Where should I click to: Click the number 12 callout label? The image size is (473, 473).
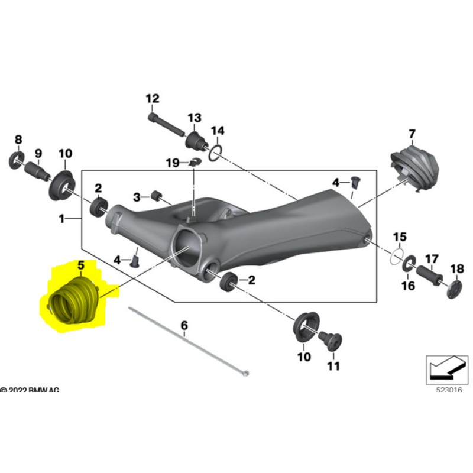(x=153, y=99)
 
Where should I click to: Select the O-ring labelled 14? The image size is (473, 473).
(x=216, y=153)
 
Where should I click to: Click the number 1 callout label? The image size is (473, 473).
(x=62, y=219)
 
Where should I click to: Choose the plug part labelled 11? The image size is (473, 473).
(x=329, y=341)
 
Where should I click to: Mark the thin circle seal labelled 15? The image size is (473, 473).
(x=399, y=255)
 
